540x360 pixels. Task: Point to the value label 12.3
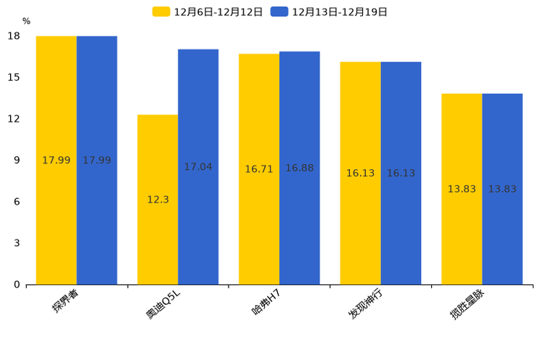[157, 200]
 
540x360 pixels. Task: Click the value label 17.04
[198, 167]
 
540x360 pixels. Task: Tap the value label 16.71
[259, 169]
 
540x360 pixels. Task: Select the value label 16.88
[299, 168]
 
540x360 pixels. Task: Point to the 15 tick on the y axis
[14, 78]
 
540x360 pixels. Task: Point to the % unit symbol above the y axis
[26, 21]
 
